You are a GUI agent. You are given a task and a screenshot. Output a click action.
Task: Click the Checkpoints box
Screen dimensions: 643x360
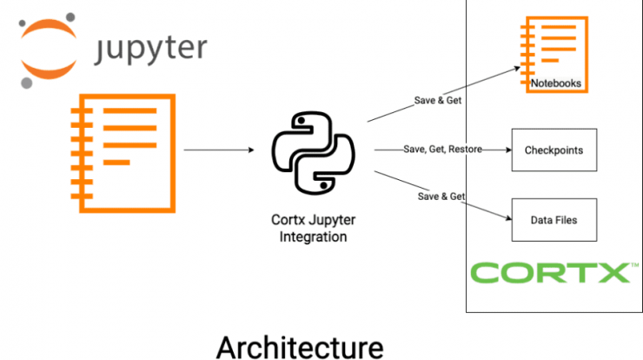click(554, 150)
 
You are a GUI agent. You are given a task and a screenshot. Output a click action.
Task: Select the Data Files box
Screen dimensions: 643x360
click(554, 220)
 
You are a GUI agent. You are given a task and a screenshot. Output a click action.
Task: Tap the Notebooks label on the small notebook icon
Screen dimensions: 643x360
click(555, 83)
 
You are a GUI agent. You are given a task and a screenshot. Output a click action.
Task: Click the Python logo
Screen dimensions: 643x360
click(314, 153)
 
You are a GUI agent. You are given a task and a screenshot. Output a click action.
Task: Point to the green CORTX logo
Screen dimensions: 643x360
click(550, 272)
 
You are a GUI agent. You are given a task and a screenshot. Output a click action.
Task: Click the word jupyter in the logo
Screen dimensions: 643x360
click(150, 50)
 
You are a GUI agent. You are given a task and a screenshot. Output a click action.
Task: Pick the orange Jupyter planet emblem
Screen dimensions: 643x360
click(49, 50)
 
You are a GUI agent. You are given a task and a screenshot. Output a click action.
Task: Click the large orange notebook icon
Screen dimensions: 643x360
click(123, 154)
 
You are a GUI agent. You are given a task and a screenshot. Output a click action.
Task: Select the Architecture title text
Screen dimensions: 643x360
click(300, 347)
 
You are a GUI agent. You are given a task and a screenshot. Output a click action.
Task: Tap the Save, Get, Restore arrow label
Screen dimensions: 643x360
click(442, 149)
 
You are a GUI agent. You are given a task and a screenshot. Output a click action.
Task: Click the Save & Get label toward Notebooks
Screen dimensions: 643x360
click(438, 100)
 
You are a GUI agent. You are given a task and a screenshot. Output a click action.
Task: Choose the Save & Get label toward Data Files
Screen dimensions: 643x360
click(441, 197)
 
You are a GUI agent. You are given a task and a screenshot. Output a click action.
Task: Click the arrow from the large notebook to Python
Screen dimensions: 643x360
click(219, 150)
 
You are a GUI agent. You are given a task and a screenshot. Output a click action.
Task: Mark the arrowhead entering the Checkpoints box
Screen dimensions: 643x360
click(508, 150)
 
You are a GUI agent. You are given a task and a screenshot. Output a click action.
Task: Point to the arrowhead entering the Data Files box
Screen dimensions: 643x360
click(509, 218)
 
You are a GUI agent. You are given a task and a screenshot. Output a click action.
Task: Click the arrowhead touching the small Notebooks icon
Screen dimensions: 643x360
click(518, 69)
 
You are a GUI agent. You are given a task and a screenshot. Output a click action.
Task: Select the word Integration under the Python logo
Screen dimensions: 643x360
click(313, 237)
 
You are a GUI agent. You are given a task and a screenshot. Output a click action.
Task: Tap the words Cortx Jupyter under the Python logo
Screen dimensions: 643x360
click(314, 220)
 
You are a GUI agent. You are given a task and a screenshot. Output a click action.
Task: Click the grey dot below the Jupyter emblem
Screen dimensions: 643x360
click(27, 83)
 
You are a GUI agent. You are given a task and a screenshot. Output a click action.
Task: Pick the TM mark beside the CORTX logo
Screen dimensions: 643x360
click(635, 265)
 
